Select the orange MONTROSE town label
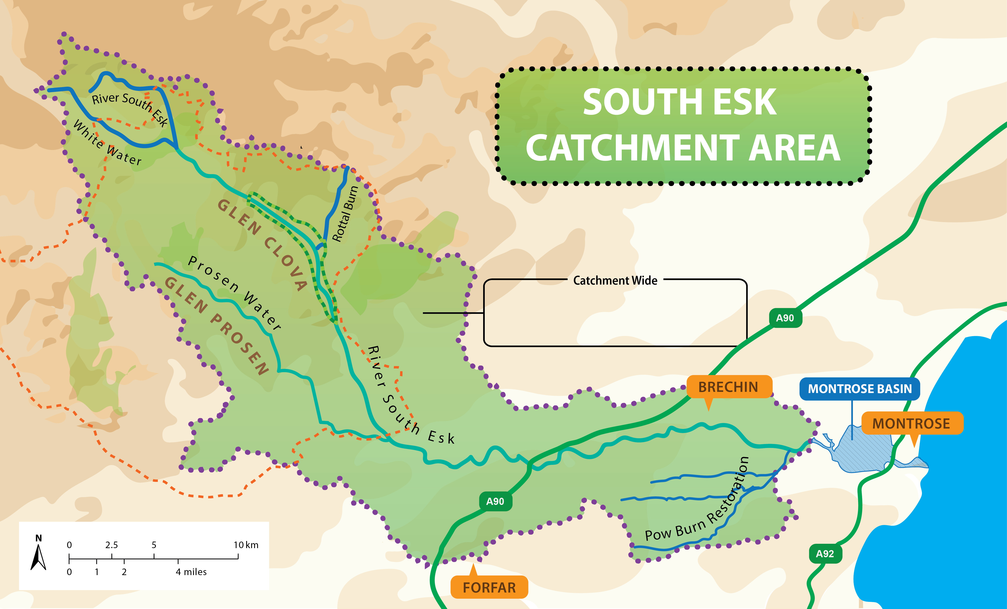[911, 423]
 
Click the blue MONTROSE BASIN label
[859, 389]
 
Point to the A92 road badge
[825, 554]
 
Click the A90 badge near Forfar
[495, 502]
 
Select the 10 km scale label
[246, 545]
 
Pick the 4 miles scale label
[191, 572]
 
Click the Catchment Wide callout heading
[615, 280]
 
